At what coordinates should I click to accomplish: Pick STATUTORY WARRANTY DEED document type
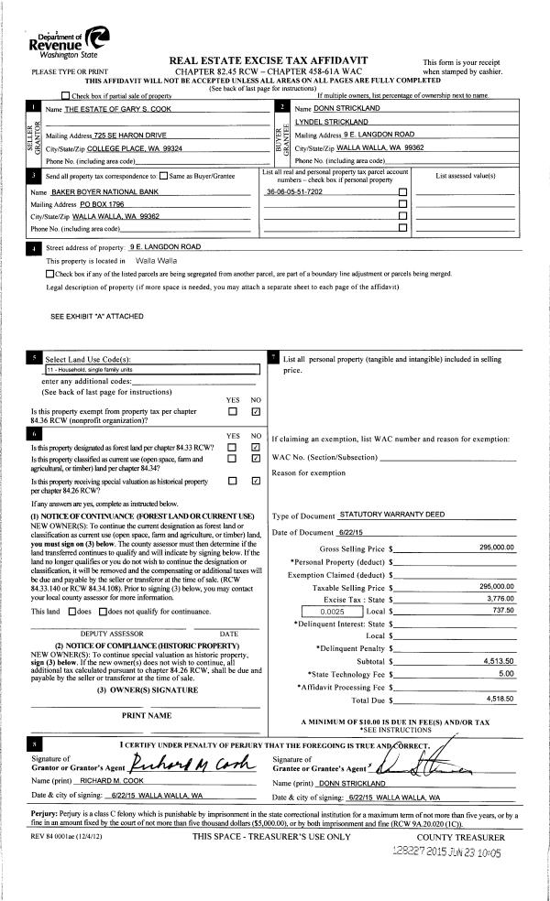coord(391,515)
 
